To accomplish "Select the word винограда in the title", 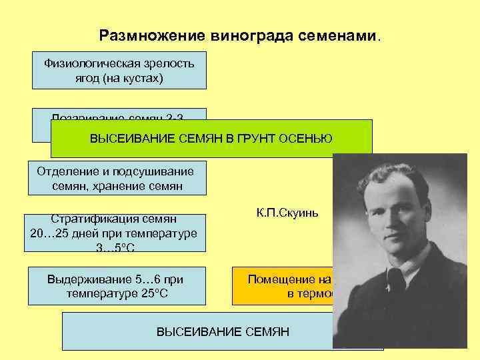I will (x=234, y=35).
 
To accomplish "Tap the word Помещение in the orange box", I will (x=277, y=279).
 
